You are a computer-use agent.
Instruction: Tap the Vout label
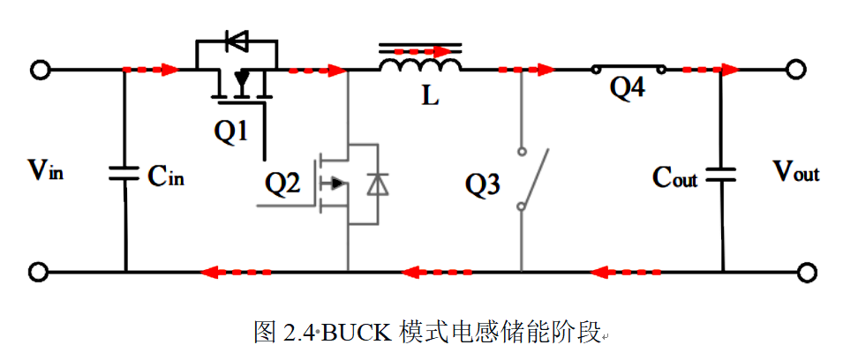click(797, 172)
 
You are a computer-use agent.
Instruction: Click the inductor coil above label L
click(420, 64)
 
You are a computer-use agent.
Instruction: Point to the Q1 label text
click(231, 131)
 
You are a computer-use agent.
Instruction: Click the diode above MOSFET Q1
click(236, 41)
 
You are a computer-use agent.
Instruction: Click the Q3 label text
click(483, 185)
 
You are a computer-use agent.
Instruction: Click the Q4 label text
click(628, 89)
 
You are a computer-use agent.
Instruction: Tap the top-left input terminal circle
click(40, 70)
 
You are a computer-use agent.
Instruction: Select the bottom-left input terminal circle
click(40, 273)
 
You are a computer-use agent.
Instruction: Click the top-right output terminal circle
click(797, 70)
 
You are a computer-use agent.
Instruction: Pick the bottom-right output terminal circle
click(805, 273)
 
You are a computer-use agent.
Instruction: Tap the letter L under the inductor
click(430, 97)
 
